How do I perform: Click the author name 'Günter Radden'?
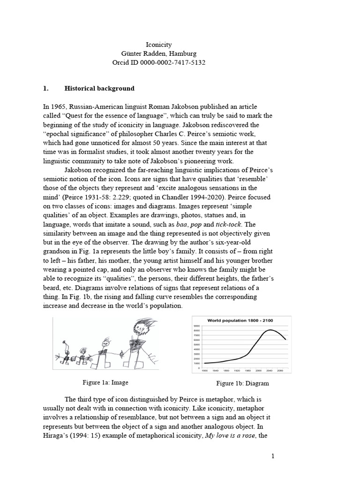click(137, 53)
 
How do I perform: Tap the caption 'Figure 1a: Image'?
click(105, 382)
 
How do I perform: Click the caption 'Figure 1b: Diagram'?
click(242, 383)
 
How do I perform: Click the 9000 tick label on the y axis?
click(196, 326)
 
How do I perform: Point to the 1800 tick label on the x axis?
click(204, 371)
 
